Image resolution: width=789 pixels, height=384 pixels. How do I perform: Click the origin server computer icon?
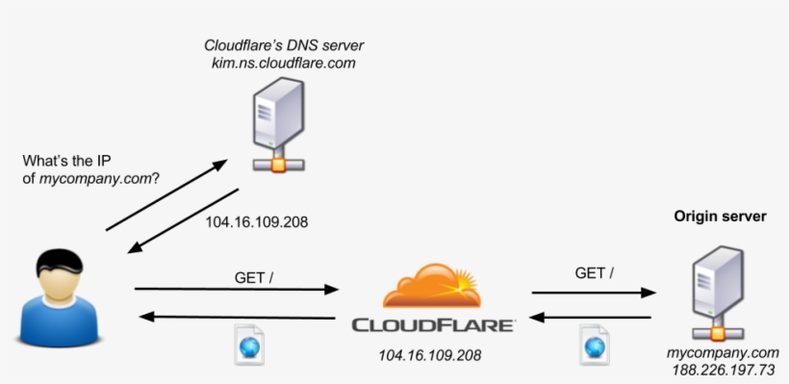click(717, 288)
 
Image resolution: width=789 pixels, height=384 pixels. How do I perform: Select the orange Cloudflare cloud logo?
click(432, 285)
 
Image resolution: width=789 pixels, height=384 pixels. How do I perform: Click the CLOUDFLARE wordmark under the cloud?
click(432, 325)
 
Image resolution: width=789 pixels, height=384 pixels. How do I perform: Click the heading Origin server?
click(720, 218)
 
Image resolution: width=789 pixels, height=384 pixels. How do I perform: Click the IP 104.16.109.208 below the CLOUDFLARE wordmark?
click(431, 355)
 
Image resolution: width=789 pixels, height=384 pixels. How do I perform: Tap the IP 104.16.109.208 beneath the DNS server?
click(257, 220)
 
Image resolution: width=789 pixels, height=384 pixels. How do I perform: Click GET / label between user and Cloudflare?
click(254, 277)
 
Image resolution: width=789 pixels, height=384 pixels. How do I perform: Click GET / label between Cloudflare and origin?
click(595, 272)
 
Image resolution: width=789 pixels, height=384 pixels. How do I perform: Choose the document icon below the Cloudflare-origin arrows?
click(594, 345)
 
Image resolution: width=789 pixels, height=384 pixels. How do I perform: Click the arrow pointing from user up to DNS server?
click(166, 196)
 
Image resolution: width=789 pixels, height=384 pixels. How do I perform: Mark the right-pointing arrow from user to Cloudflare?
click(237, 289)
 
